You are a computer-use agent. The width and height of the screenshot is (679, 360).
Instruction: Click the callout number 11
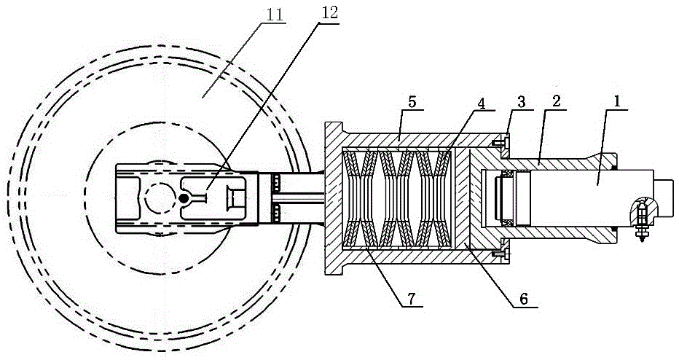[275, 15]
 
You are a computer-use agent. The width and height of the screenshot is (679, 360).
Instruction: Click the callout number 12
[329, 12]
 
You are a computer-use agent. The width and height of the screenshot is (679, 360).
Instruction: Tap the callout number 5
[412, 103]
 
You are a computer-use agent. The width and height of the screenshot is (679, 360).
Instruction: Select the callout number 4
[482, 103]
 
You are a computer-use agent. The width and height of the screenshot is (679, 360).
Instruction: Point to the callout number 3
[521, 102]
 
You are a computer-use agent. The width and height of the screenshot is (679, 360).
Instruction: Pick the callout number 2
[557, 101]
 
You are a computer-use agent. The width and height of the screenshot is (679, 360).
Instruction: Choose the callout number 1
[616, 102]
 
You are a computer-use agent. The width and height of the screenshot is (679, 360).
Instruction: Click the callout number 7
[410, 298]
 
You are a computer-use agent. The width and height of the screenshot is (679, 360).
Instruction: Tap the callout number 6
[524, 299]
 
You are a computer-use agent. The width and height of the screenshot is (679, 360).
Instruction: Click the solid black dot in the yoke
[184, 199]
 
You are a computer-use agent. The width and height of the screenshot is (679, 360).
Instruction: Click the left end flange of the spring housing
[334, 198]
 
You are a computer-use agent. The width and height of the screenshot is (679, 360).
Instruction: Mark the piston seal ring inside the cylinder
[506, 198]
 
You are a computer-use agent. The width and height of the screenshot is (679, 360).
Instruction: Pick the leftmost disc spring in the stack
[352, 198]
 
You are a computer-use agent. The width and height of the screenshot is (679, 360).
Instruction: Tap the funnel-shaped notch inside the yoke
[235, 199]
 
